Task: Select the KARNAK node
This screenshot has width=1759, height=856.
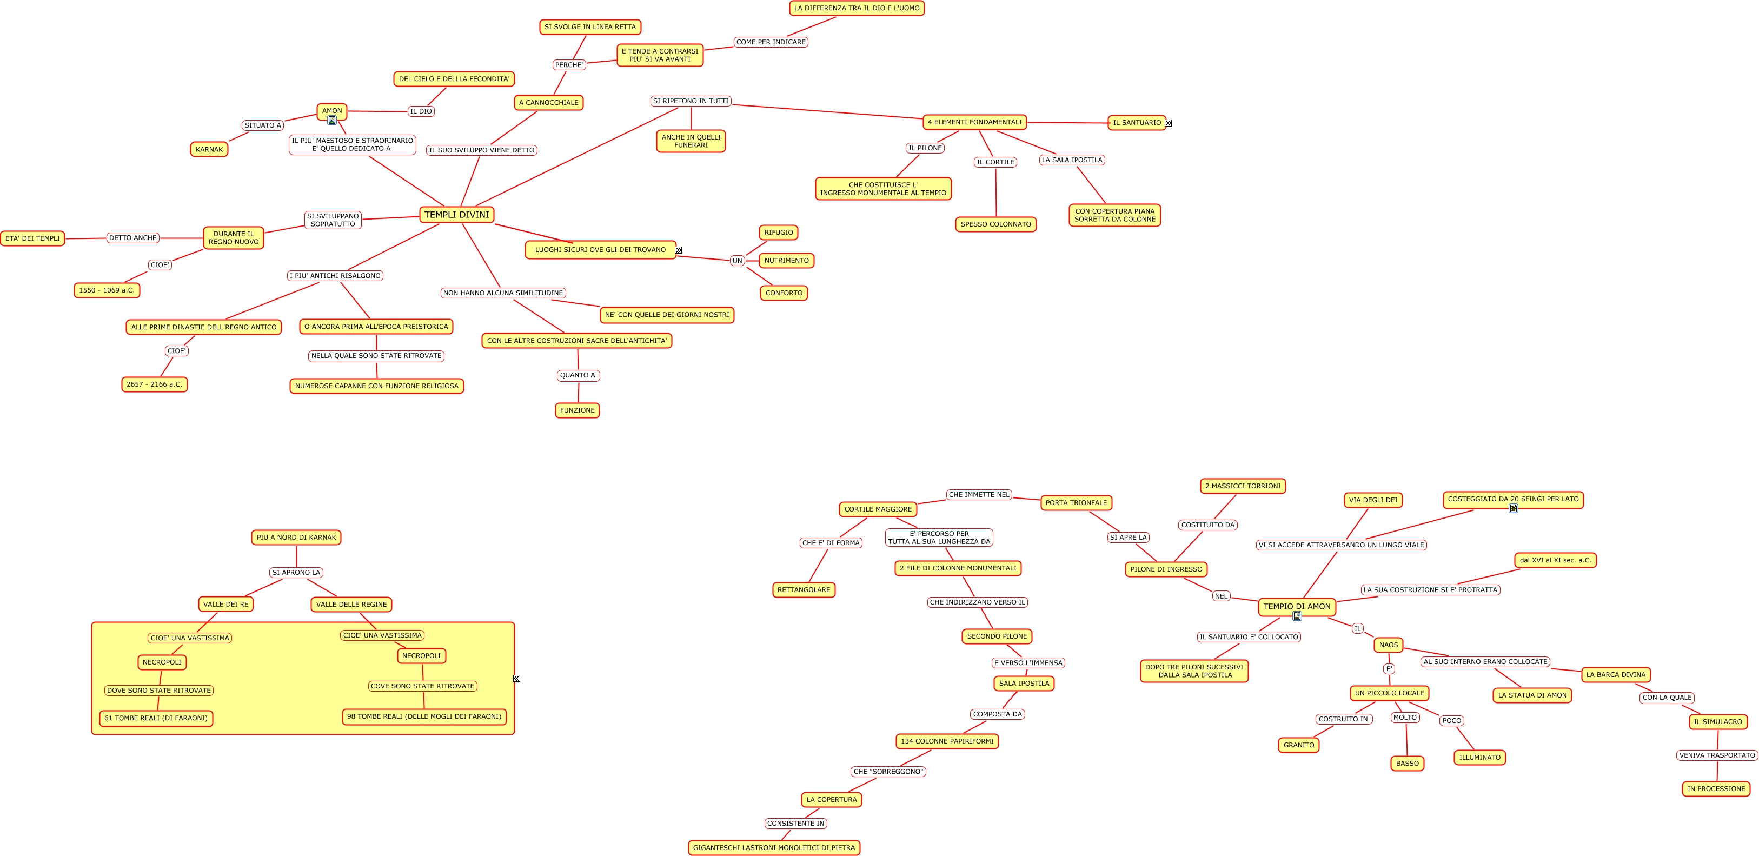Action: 209,149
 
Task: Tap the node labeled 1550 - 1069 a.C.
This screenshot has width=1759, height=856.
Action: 107,290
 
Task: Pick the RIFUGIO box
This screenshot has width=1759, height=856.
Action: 779,233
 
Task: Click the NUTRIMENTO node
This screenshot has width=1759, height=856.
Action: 786,261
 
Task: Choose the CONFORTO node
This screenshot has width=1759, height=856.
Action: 783,293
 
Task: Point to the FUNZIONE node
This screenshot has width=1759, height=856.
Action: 577,410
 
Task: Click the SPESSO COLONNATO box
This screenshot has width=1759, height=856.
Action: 995,224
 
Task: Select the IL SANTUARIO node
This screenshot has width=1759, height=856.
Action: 1136,123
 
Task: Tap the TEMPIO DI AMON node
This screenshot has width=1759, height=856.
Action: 1296,606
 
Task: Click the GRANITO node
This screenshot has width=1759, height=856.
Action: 1298,745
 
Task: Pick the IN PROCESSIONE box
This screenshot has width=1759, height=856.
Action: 1715,789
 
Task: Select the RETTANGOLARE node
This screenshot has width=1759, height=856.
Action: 803,590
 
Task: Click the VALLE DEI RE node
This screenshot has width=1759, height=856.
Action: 225,604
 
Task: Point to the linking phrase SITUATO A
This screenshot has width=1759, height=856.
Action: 263,125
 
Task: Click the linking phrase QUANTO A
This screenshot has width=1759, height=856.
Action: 577,375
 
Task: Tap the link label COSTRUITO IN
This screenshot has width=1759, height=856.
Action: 1343,719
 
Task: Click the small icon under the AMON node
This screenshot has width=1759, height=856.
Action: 332,121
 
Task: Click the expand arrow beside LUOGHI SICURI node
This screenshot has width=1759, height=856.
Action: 678,250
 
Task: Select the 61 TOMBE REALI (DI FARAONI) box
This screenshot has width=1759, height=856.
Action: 156,718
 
